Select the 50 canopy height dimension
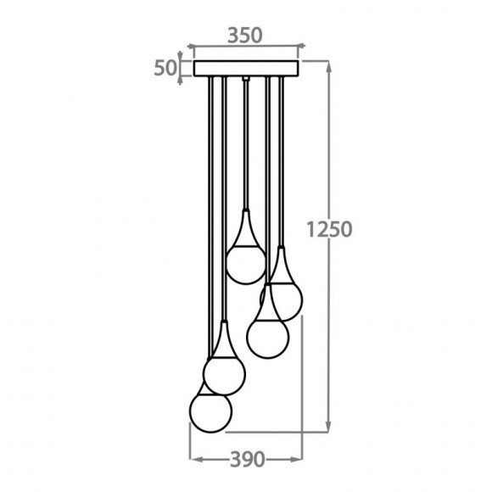click(165, 68)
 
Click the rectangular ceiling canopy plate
click(247, 68)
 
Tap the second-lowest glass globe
click(224, 372)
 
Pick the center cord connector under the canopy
click(246, 80)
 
